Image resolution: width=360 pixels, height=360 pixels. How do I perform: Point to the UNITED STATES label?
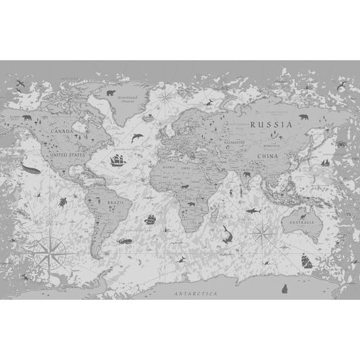click(x=69, y=155)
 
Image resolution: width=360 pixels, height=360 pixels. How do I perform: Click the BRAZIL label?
click(x=117, y=204)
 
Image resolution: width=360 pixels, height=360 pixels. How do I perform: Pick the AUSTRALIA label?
click(x=301, y=223)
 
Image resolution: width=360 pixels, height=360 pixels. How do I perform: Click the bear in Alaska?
click(x=27, y=118)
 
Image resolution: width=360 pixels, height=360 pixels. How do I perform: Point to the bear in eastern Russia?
click(x=304, y=118)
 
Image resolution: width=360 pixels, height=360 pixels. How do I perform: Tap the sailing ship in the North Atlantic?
click(x=118, y=159)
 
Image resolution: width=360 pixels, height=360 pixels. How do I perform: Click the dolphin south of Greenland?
click(x=137, y=137)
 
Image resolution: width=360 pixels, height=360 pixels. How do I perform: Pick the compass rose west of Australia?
click(x=262, y=230)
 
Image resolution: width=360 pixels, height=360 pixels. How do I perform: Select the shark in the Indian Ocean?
click(x=251, y=211)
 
